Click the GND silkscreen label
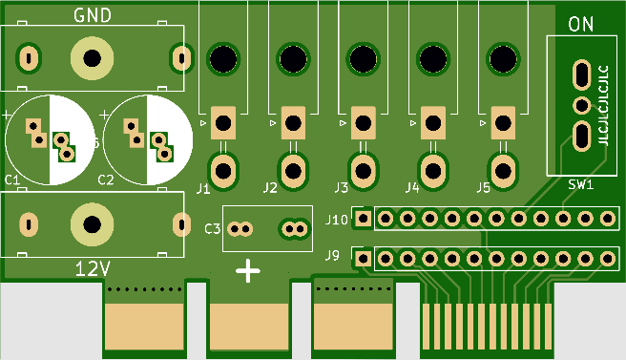[93, 15]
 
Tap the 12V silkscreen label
[93, 269]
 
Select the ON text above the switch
[580, 25]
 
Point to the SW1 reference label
[581, 184]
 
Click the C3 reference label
[212, 229]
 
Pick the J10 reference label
[336, 220]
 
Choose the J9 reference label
[332, 255]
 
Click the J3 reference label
[341, 187]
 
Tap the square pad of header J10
[363, 219]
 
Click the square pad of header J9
[363, 259]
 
